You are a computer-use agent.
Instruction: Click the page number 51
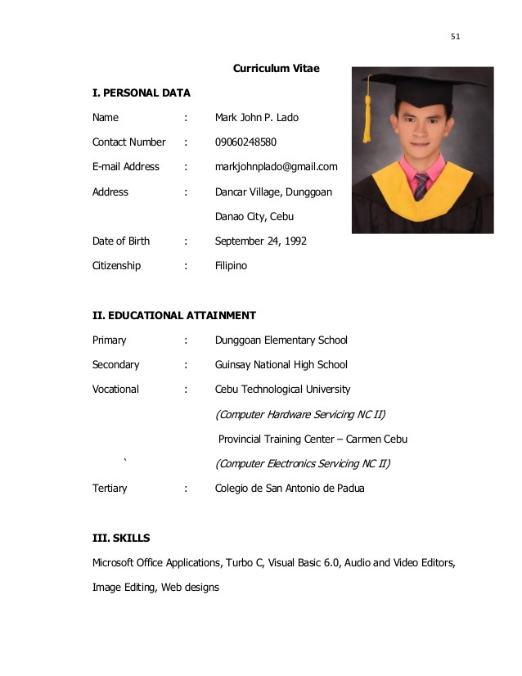pyautogui.click(x=456, y=37)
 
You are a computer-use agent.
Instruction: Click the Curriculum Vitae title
pyautogui.click(x=276, y=69)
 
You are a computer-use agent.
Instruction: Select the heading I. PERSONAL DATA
pyautogui.click(x=141, y=93)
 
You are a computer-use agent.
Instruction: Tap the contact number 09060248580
pyautogui.click(x=245, y=142)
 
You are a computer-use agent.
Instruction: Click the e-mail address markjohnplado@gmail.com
pyautogui.click(x=276, y=167)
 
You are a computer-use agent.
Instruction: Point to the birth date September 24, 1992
pyautogui.click(x=260, y=241)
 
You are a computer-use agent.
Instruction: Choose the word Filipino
pyautogui.click(x=231, y=266)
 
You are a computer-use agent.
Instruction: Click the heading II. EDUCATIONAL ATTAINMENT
pyautogui.click(x=173, y=315)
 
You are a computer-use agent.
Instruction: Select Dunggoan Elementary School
pyautogui.click(x=281, y=340)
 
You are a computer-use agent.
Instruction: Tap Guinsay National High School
pyautogui.click(x=281, y=365)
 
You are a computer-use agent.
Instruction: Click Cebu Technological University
pyautogui.click(x=282, y=390)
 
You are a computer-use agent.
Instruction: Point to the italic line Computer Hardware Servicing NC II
pyautogui.click(x=299, y=414)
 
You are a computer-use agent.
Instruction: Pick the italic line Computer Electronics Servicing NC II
pyautogui.click(x=302, y=464)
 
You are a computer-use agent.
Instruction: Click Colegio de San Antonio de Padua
pyautogui.click(x=290, y=489)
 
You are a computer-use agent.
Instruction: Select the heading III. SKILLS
pyautogui.click(x=121, y=539)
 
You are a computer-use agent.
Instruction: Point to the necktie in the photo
pyautogui.click(x=421, y=187)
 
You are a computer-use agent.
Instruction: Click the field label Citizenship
pyautogui.click(x=116, y=266)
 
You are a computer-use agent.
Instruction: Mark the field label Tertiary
pyautogui.click(x=110, y=489)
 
